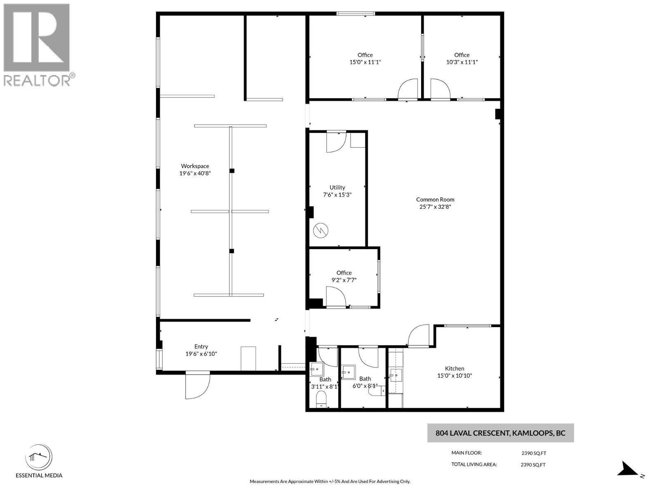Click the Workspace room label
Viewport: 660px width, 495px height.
coord(195,166)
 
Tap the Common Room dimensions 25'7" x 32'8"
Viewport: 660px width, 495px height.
coord(435,207)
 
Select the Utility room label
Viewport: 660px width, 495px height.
coord(337,187)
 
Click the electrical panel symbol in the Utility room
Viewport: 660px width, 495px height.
coord(321,231)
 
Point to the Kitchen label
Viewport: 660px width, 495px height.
coord(454,368)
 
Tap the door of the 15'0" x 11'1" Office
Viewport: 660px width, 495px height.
coord(408,90)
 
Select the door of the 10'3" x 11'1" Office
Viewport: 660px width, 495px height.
coord(440,90)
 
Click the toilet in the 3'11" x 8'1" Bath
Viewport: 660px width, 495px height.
coord(321,399)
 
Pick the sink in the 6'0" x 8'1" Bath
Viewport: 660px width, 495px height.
coord(349,372)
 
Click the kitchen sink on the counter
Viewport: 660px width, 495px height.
coord(396,375)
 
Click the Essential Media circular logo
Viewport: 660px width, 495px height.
coord(39,458)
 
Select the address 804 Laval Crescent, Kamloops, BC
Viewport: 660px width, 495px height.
coord(500,433)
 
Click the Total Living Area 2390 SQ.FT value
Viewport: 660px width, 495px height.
coord(533,464)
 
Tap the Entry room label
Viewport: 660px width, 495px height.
coord(201,346)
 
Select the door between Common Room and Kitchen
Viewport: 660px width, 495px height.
coord(419,335)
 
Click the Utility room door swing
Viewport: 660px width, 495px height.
coord(336,142)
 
